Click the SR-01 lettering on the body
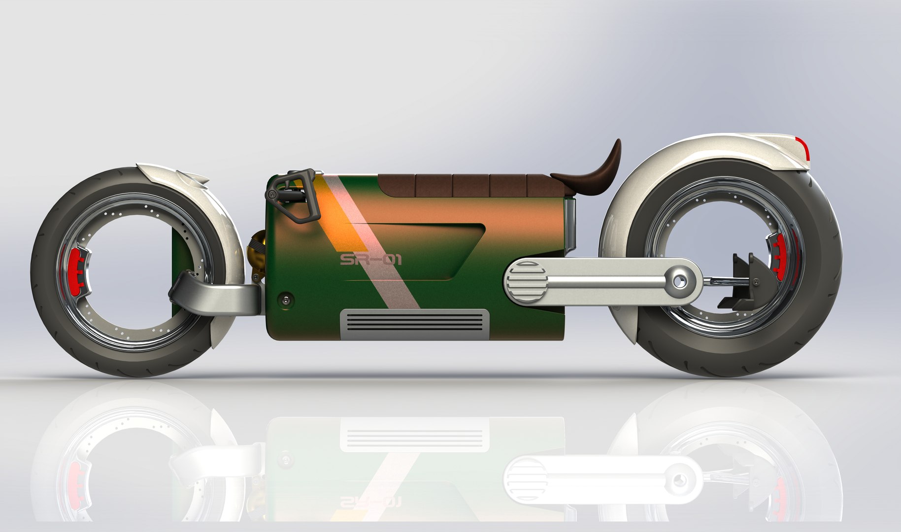[370, 259]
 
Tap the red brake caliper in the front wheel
[74, 269]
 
